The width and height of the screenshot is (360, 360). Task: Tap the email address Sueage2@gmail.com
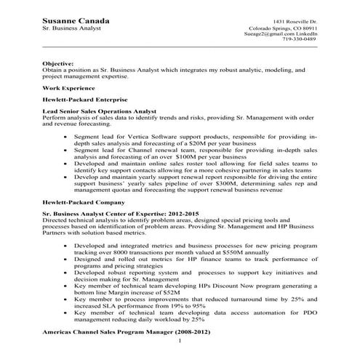coord(277,32)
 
